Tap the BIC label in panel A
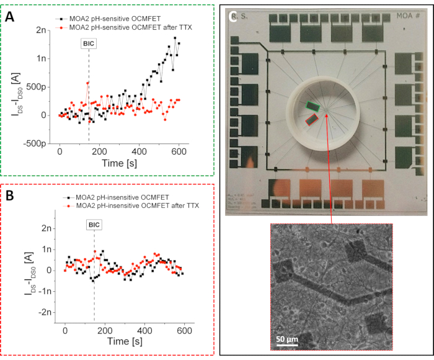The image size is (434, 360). coord(89,43)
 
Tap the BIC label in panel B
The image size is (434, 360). coord(94,224)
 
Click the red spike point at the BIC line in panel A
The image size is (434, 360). coord(88,83)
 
